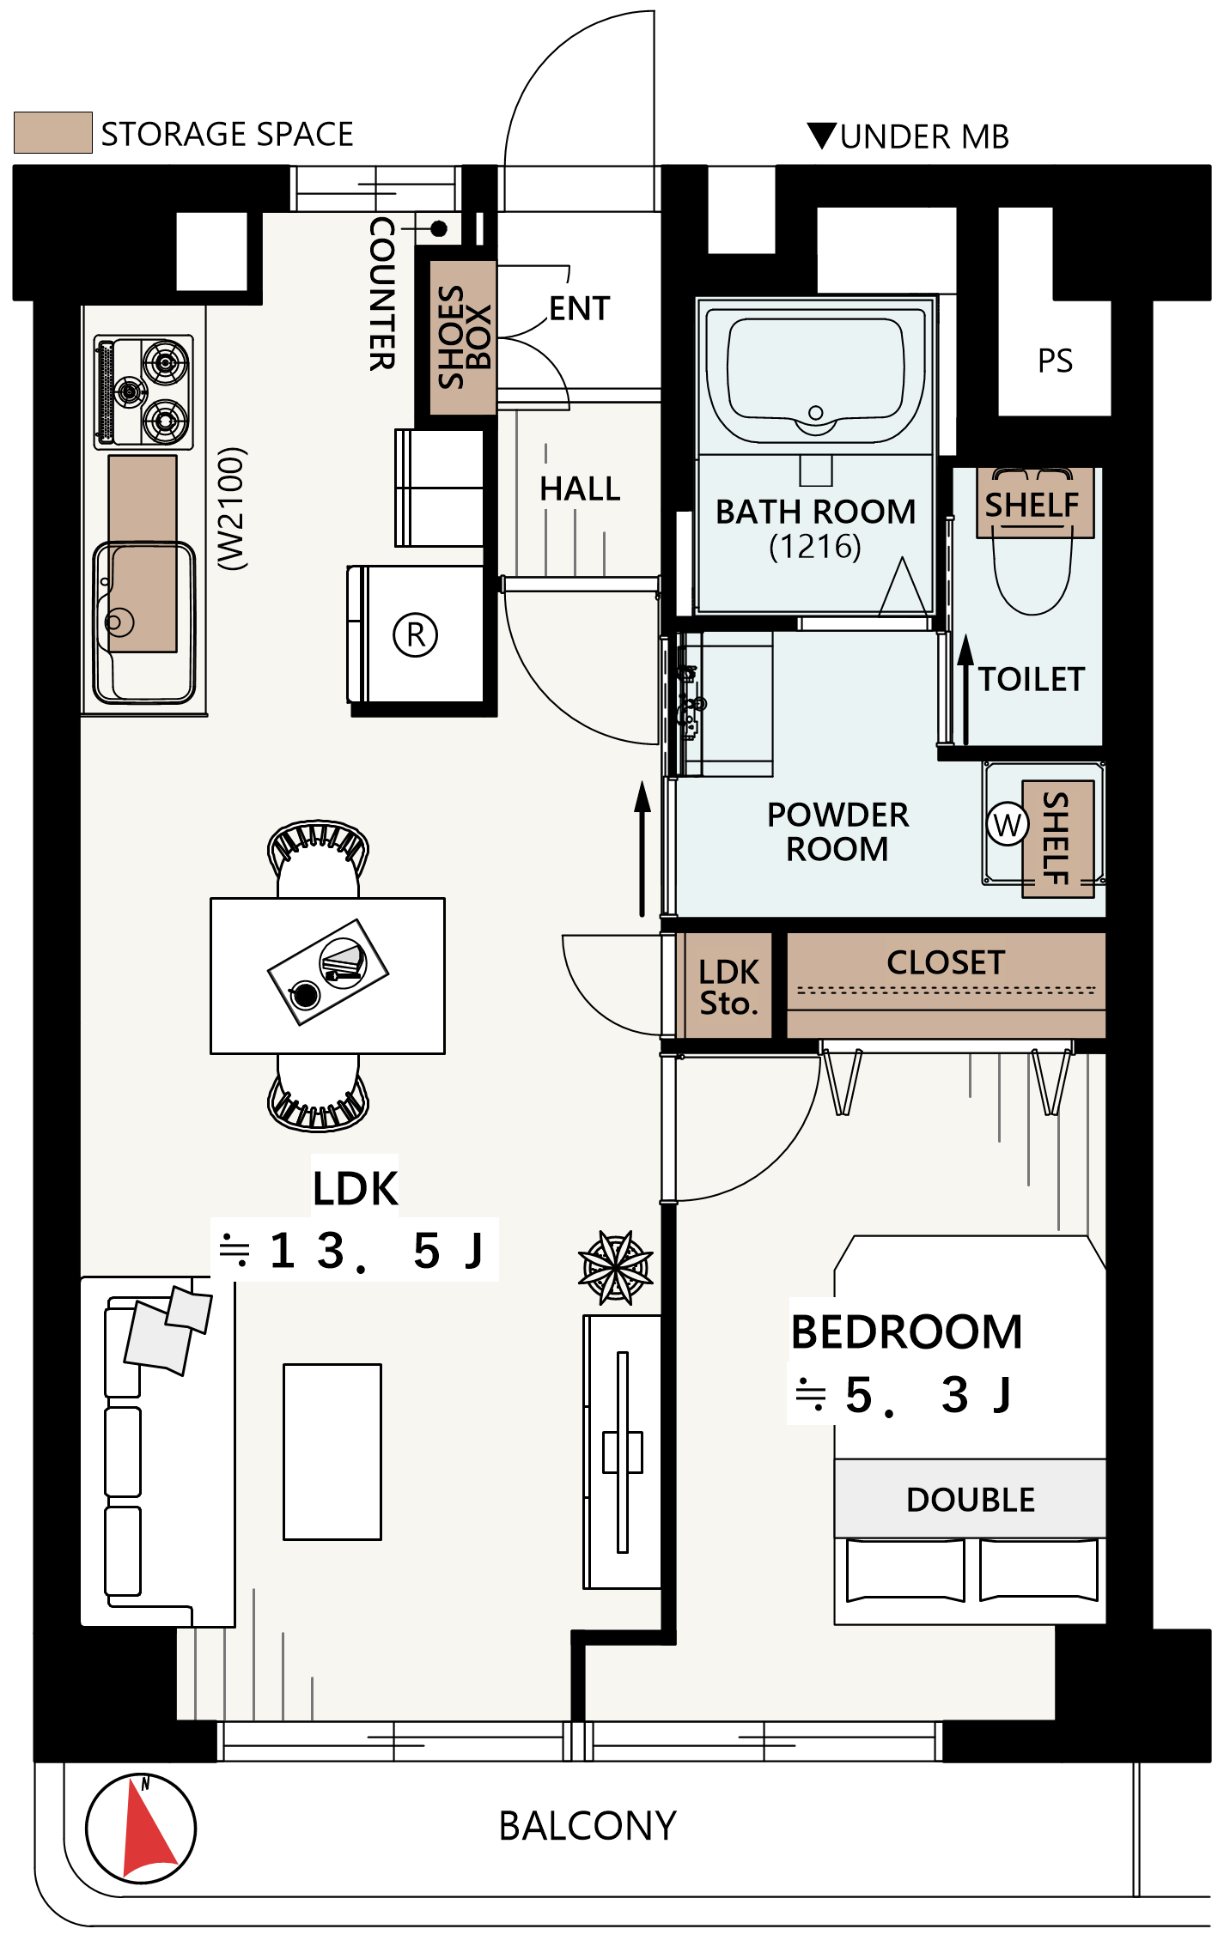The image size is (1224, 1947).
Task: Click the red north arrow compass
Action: (142, 1829)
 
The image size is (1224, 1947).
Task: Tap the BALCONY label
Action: (588, 1826)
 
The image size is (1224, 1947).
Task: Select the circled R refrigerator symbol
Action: (416, 635)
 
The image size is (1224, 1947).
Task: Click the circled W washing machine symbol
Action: (1007, 825)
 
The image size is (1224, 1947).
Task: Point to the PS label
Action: (1055, 361)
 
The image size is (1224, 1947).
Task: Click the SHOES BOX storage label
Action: (464, 337)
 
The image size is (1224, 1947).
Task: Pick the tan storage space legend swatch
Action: (53, 133)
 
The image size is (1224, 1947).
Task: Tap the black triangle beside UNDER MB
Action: (822, 136)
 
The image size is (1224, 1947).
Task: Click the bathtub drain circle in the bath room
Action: (816, 413)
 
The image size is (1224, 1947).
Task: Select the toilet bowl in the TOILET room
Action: (1032, 567)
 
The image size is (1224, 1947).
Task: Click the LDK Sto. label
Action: (728, 987)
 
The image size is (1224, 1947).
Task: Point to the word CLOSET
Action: (946, 962)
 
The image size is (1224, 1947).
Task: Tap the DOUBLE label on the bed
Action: (971, 1500)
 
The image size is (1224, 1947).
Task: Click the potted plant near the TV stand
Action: (616, 1267)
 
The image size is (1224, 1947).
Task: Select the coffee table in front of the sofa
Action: (332, 1452)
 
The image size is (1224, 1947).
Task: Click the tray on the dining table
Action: (328, 972)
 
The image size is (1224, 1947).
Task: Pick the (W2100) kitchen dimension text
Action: (232, 508)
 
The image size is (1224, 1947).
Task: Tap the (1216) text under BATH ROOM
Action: (815, 546)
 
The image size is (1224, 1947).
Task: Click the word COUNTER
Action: (382, 294)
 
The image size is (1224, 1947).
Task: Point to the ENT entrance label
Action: (580, 308)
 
